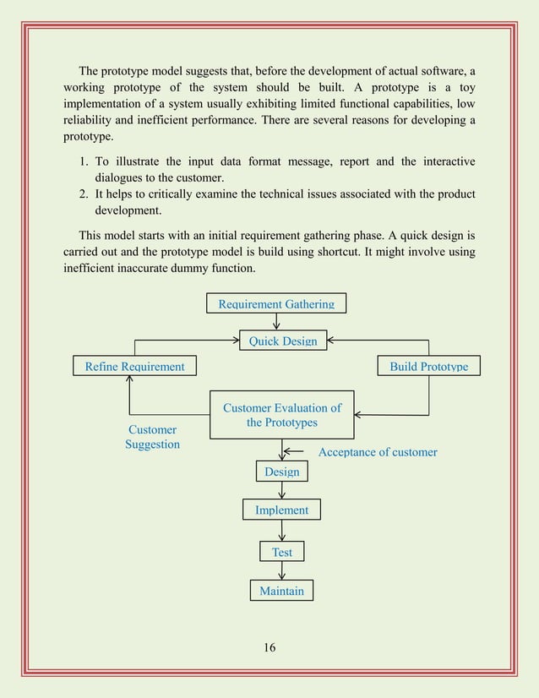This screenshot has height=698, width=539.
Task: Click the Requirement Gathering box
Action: point(276,303)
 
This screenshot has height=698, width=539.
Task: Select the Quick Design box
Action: point(282,341)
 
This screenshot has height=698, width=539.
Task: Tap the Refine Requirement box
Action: point(134,366)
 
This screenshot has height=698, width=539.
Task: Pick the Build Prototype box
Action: point(428,366)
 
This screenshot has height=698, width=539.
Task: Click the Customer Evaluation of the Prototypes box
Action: point(281,414)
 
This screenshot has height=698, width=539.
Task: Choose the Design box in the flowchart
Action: point(281,472)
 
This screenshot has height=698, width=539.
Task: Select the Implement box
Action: point(281,510)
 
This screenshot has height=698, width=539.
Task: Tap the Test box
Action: point(281,552)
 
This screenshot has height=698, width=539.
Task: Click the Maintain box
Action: point(281,590)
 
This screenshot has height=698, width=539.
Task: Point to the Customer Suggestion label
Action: point(152,437)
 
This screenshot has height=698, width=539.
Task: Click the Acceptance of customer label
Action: point(378,452)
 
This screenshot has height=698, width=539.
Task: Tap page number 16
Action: point(269,648)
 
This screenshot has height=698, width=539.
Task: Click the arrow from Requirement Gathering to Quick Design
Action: point(276,321)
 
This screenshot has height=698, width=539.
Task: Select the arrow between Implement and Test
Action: point(281,531)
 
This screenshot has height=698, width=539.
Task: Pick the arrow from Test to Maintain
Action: point(281,570)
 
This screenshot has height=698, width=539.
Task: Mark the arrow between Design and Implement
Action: point(281,490)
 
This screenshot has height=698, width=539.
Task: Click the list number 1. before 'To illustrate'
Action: point(82,161)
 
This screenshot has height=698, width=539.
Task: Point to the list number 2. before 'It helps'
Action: point(82,194)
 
